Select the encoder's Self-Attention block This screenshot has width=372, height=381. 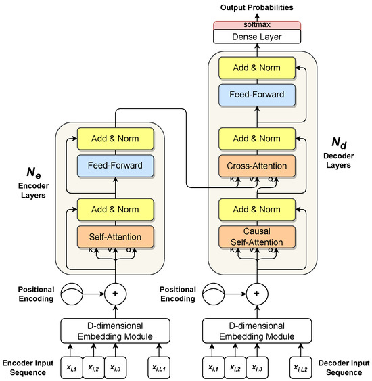115,237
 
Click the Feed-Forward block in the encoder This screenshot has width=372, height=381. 115,164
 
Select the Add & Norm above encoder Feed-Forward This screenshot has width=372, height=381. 115,138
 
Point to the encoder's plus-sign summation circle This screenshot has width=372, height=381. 115,295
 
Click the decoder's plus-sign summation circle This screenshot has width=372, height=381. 257,295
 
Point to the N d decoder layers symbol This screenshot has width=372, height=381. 339,143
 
